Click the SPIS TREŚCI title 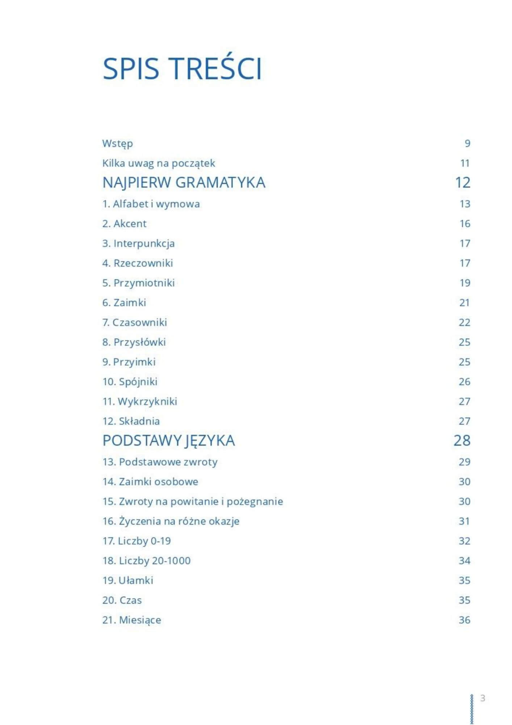pos(182,69)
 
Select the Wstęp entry pos(117,144)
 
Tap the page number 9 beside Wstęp pos(467,144)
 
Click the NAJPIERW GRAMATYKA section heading pos(184,182)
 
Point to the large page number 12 pos(462,182)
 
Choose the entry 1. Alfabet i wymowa pos(151,204)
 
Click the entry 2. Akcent pos(124,224)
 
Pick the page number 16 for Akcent pos(465,224)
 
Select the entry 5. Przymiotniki pos(138,283)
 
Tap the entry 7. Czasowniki pos(134,322)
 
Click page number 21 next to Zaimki pos(464,303)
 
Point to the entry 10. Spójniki pos(130,382)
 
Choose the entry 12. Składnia pos(131,421)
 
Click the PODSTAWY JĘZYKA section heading pos(168,440)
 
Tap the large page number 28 pos(462,440)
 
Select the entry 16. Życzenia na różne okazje pos(171,521)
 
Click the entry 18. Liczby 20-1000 pos(146,561)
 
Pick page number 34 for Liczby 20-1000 pos(464,561)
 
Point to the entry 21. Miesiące pos(131,620)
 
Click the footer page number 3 pos(482,698)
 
